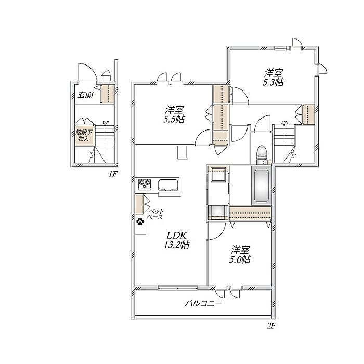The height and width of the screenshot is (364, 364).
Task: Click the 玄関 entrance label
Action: pos(85,95)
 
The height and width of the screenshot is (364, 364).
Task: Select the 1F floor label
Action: pos(112,174)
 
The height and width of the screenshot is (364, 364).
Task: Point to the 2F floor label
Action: pos(271,326)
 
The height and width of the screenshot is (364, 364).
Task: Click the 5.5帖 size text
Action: pos(174,119)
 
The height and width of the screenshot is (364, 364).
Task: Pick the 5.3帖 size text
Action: pos(273,82)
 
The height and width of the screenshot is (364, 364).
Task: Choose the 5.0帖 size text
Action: pos(240,259)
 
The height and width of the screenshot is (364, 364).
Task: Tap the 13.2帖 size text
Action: pos(176,245)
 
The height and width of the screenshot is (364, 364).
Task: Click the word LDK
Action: pos(176,236)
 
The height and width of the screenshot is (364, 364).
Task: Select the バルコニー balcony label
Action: pos(203,303)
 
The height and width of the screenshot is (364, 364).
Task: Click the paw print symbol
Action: pos(140,222)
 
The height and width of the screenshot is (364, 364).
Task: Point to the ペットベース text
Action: pos(156,214)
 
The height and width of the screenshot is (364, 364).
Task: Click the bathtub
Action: pos(262,186)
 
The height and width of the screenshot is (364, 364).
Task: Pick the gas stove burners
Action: pos(145,184)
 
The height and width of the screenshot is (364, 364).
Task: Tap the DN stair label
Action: pos(284,122)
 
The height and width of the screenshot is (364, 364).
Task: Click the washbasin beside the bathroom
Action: pos(217,174)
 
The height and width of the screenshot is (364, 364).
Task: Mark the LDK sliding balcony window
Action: pos(178,288)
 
